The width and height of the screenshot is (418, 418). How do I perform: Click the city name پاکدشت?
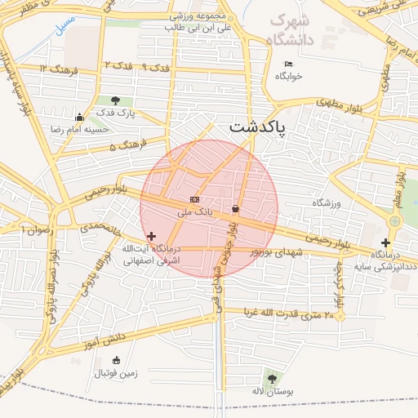click(256, 127)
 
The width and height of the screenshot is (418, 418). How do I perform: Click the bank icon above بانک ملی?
click(194, 199)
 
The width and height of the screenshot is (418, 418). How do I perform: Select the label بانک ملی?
click(195, 211)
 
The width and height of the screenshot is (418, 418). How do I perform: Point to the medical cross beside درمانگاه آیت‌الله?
click(151, 235)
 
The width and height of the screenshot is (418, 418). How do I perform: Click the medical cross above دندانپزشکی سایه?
click(385, 242)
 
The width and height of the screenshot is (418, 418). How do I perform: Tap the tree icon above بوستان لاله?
click(271, 378)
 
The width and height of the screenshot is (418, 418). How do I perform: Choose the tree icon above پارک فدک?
click(114, 100)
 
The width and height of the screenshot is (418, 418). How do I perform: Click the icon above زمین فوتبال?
click(116, 361)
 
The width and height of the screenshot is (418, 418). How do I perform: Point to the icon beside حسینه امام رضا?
click(78, 117)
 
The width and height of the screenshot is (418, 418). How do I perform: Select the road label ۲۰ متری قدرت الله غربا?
click(291, 313)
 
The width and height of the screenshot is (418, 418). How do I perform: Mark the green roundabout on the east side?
click(396, 221)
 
